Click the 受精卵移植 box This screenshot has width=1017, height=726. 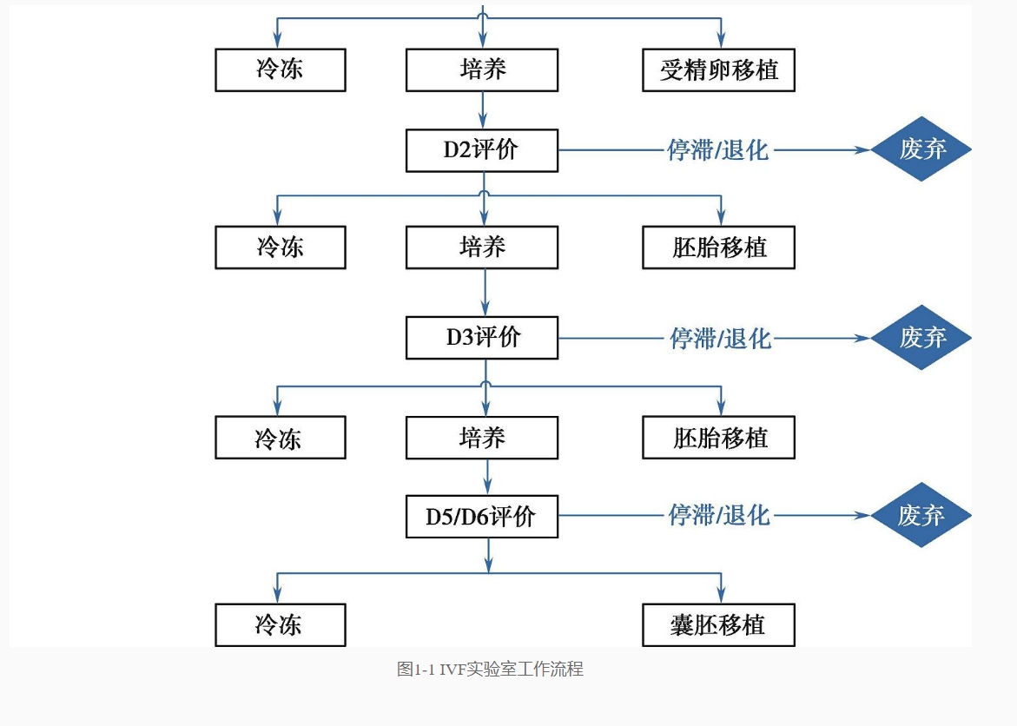tap(718, 70)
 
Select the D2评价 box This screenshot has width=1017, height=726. tap(482, 150)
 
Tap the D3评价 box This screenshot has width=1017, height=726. tap(482, 337)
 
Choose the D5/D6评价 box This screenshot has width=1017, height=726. tap(482, 517)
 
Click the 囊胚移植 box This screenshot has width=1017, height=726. tap(718, 624)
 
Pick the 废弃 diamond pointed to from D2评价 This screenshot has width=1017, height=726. tap(921, 149)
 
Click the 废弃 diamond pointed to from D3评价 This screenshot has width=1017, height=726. tap(921, 337)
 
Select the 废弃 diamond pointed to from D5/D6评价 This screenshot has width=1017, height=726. tap(921, 515)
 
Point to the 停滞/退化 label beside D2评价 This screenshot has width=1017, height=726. tap(718, 150)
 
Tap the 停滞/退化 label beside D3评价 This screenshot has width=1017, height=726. tap(721, 338)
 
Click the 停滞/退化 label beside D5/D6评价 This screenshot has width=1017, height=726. tap(719, 515)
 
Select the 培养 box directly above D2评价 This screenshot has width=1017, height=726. tap(482, 70)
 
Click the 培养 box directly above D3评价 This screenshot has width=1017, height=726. tap(482, 247)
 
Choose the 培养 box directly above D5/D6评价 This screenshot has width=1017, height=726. tap(482, 438)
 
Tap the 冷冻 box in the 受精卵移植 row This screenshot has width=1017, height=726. tap(281, 70)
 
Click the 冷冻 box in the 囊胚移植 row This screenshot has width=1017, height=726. tap(281, 624)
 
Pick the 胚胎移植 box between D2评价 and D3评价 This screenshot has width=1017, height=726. tap(718, 247)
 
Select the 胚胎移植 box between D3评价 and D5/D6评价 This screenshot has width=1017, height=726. tap(718, 438)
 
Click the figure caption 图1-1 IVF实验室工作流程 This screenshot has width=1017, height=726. tap(491, 669)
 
